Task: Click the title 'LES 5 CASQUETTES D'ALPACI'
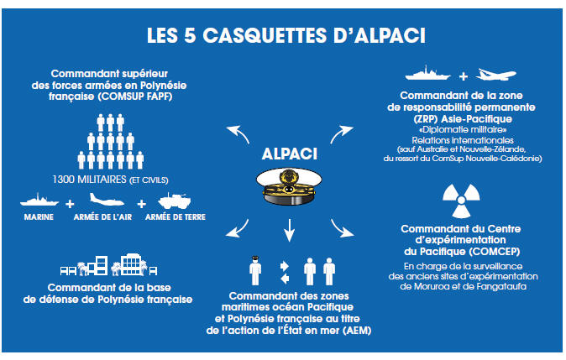click(283, 36)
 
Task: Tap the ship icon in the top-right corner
click(428, 74)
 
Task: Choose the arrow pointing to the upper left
click(240, 133)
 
